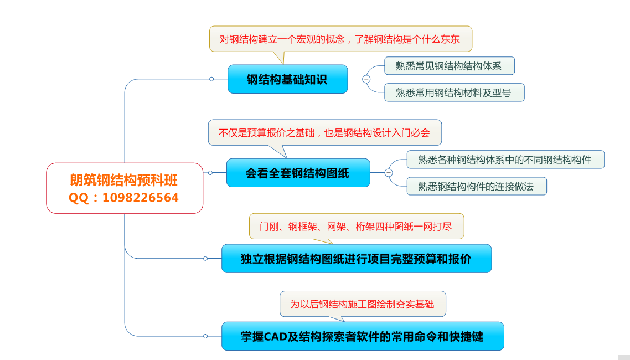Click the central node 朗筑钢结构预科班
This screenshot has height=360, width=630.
pos(125,188)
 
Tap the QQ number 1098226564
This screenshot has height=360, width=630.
pos(140,198)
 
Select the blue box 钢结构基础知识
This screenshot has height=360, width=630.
pos(287,79)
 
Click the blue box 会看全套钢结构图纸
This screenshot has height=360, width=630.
pos(298,173)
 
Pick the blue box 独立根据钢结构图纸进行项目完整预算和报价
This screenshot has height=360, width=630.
pos(357,258)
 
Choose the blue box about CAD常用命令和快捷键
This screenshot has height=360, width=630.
pos(363,336)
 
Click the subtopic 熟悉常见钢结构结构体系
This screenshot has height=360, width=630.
pos(449,66)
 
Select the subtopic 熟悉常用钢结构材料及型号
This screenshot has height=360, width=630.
pos(454,92)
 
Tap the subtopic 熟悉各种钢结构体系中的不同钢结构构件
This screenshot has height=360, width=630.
pos(505,160)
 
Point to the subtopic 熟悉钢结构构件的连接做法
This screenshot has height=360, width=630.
pos(477,186)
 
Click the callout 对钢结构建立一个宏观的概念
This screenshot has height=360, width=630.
pos(340,39)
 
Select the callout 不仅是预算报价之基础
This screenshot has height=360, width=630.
pos(324,132)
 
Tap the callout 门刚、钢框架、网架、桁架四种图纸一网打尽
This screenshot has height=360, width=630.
pos(357,226)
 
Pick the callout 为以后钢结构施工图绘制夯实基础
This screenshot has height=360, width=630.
pos(363,304)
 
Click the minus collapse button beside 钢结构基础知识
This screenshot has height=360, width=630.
pos(366,79)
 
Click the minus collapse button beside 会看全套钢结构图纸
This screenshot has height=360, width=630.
pos(389,173)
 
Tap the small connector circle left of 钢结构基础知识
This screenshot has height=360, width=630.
pos(211,79)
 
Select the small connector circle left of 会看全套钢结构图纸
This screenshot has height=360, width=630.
pos(210,173)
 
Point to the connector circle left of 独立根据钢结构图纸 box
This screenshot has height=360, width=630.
pos(205,258)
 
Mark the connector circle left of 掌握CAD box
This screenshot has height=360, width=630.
pos(205,336)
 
